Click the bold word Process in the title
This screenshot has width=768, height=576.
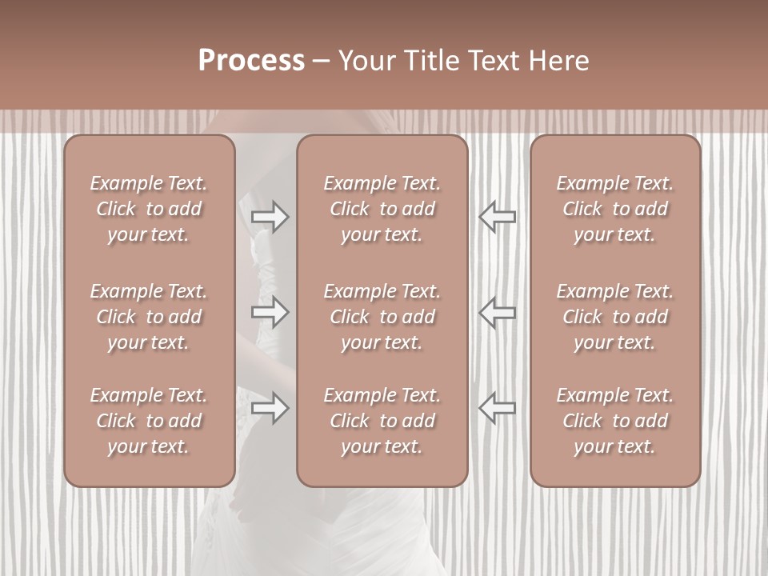point(251,61)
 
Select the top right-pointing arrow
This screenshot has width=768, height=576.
point(270,217)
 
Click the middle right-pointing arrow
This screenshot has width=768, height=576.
point(270,312)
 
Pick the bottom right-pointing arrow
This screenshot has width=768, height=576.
point(270,408)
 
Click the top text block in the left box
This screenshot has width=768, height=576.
point(149,209)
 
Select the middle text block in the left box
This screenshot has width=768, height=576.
point(149,317)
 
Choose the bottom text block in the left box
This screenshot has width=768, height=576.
point(149,421)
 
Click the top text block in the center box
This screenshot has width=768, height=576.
point(382,209)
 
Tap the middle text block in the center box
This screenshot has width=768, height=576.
point(382,317)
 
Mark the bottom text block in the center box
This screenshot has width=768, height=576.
point(382,421)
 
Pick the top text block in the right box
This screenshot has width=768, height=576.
point(615,209)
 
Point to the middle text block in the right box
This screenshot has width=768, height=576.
point(615,317)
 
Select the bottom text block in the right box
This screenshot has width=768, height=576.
point(615,421)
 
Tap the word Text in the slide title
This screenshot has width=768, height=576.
point(493,61)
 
